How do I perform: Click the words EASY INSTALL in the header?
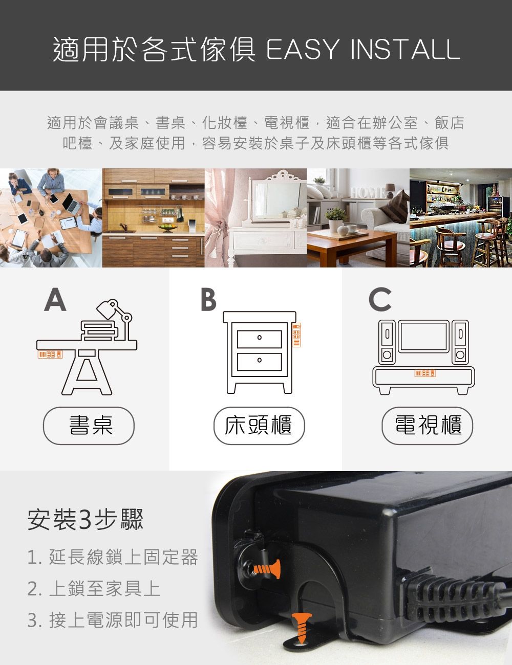(362, 49)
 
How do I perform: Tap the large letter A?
(55, 300)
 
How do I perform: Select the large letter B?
(208, 300)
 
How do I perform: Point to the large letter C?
(380, 300)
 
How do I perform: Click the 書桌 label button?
(89, 425)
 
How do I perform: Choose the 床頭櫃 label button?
(259, 425)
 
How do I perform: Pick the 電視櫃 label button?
(428, 425)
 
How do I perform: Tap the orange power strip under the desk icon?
(50, 354)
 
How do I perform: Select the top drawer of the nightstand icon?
(260, 338)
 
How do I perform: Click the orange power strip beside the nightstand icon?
(295, 335)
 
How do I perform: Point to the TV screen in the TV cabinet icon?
(423, 336)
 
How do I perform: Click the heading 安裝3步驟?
(86, 519)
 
